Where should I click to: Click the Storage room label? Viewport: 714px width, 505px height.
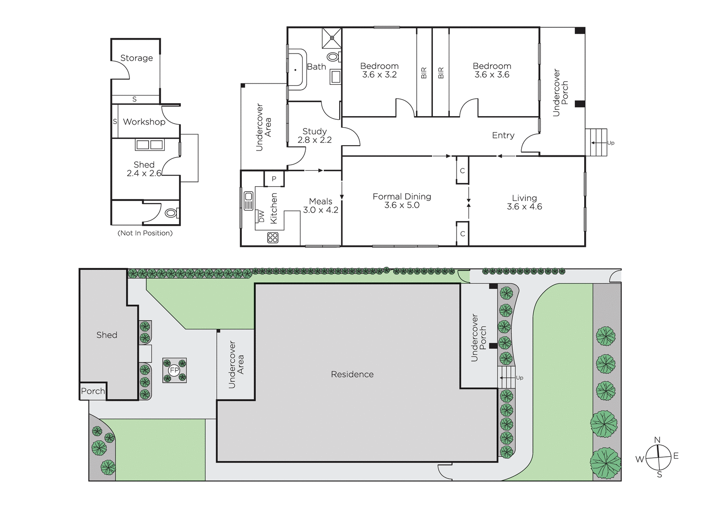pyautogui.click(x=137, y=58)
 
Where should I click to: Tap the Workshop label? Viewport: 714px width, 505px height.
pyautogui.click(x=144, y=122)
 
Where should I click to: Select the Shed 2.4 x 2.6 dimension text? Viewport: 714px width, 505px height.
pyautogui.click(x=144, y=173)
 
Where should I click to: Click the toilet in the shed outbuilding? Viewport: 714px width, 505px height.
pyautogui.click(x=172, y=213)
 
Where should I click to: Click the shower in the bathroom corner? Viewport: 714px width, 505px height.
pyautogui.click(x=332, y=38)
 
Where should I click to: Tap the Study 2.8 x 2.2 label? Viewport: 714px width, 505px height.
pyautogui.click(x=315, y=136)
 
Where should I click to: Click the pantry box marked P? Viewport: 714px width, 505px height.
pyautogui.click(x=274, y=179)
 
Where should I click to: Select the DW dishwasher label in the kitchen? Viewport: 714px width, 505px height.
pyautogui.click(x=262, y=216)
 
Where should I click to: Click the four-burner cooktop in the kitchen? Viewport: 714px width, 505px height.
pyautogui.click(x=273, y=238)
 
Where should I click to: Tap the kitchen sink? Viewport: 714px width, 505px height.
pyautogui.click(x=249, y=200)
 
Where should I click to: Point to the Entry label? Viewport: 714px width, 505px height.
pyautogui.click(x=503, y=135)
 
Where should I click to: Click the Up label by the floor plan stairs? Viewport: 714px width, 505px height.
pyautogui.click(x=611, y=143)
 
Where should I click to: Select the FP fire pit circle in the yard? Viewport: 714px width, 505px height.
pyautogui.click(x=174, y=370)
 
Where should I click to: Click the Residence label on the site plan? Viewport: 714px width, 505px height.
pyautogui.click(x=352, y=374)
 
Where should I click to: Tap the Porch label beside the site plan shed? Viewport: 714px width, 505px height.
pyautogui.click(x=93, y=391)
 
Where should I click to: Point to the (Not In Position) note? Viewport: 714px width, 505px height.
pyautogui.click(x=145, y=233)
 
